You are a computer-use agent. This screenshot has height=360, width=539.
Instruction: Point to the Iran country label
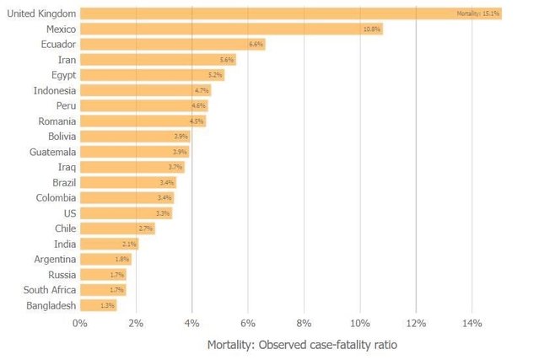click(x=66, y=60)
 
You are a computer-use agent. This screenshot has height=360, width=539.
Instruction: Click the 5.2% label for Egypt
click(x=215, y=75)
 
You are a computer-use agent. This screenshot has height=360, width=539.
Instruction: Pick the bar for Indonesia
click(x=145, y=90)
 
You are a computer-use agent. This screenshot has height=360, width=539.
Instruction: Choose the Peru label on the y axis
click(x=66, y=105)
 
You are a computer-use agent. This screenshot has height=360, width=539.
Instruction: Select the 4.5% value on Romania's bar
click(x=197, y=121)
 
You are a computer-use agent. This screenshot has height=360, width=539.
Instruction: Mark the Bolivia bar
click(x=135, y=137)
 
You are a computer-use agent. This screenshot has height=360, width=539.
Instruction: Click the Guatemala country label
click(x=52, y=152)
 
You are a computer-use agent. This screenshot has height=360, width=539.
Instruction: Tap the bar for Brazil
click(x=127, y=182)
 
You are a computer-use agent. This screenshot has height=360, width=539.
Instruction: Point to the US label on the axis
click(x=70, y=213)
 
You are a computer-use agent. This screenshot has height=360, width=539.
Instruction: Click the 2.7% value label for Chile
click(x=146, y=228)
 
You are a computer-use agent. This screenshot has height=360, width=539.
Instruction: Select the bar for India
click(x=109, y=244)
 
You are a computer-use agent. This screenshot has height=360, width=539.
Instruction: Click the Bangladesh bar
click(x=98, y=305)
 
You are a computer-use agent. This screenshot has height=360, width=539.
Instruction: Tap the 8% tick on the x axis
click(x=305, y=323)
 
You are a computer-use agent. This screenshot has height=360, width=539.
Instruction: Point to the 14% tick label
click(x=472, y=323)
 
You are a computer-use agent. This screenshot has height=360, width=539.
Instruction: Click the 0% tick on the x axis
click(x=80, y=323)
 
